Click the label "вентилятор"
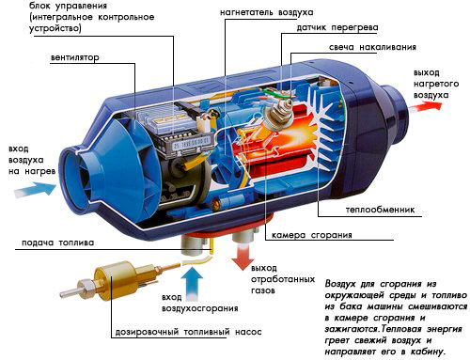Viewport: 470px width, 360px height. tap(75, 57)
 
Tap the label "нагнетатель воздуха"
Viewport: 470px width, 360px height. tap(266, 12)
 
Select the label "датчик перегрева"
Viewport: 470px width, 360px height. tap(337, 28)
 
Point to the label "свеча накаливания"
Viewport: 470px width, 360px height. tap(372, 47)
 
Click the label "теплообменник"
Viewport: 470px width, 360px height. tap(380, 210)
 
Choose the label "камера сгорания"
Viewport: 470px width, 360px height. tap(312, 235)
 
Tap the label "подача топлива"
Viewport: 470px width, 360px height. tap(57, 243)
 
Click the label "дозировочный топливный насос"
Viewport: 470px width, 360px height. tap(188, 332)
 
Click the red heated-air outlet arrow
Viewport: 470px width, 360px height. tap(425, 106)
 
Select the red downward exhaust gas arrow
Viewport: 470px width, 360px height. tap(243, 258)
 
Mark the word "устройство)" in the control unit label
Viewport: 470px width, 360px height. tap(55, 29)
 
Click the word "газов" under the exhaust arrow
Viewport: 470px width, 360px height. tap(263, 290)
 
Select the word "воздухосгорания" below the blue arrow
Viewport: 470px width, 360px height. tap(200, 308)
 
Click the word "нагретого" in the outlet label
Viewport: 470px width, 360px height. tap(436, 84)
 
